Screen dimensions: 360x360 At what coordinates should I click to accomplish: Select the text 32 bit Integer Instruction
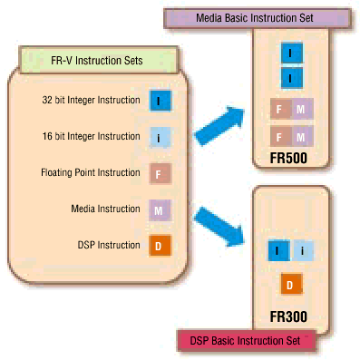click(91, 100)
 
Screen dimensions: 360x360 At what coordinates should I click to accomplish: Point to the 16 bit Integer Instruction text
click(91, 136)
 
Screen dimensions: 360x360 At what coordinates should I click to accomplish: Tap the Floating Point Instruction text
click(91, 172)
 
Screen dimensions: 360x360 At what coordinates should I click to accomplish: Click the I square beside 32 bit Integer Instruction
click(159, 101)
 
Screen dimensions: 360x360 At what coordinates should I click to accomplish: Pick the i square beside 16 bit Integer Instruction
click(159, 137)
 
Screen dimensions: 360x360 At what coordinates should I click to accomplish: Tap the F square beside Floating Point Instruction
click(159, 173)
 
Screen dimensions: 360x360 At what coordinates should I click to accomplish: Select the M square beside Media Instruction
click(159, 209)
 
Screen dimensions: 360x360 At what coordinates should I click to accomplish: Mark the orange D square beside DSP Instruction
click(159, 246)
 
